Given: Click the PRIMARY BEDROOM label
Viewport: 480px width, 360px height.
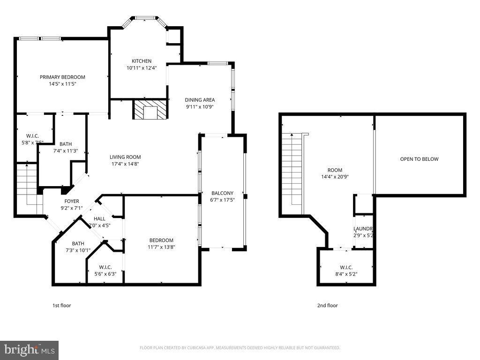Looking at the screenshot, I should [62, 77].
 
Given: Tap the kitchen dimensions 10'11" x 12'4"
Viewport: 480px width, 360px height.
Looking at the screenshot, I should [141, 67].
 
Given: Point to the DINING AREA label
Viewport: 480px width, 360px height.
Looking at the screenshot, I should [200, 100].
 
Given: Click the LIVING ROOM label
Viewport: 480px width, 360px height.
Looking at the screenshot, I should [125, 157].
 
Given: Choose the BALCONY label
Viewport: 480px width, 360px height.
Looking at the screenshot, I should [222, 193].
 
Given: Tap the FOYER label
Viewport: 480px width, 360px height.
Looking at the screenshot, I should [65, 201].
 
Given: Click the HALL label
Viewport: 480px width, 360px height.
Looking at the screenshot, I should [99, 218].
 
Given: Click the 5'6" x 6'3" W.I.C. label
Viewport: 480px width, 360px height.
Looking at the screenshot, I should [105, 274].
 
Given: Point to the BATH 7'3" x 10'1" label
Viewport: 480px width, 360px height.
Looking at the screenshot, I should [78, 243].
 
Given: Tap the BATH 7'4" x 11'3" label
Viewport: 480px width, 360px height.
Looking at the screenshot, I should [66, 144].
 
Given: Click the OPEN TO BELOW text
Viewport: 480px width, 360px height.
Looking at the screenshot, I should [419, 159].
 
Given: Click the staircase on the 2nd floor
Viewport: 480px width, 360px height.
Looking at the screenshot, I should [292, 169].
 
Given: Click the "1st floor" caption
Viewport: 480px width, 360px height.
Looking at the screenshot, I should [61, 306].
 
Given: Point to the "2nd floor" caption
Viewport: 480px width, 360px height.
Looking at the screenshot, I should [327, 306].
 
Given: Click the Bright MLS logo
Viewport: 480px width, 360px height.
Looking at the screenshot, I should [29, 350].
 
